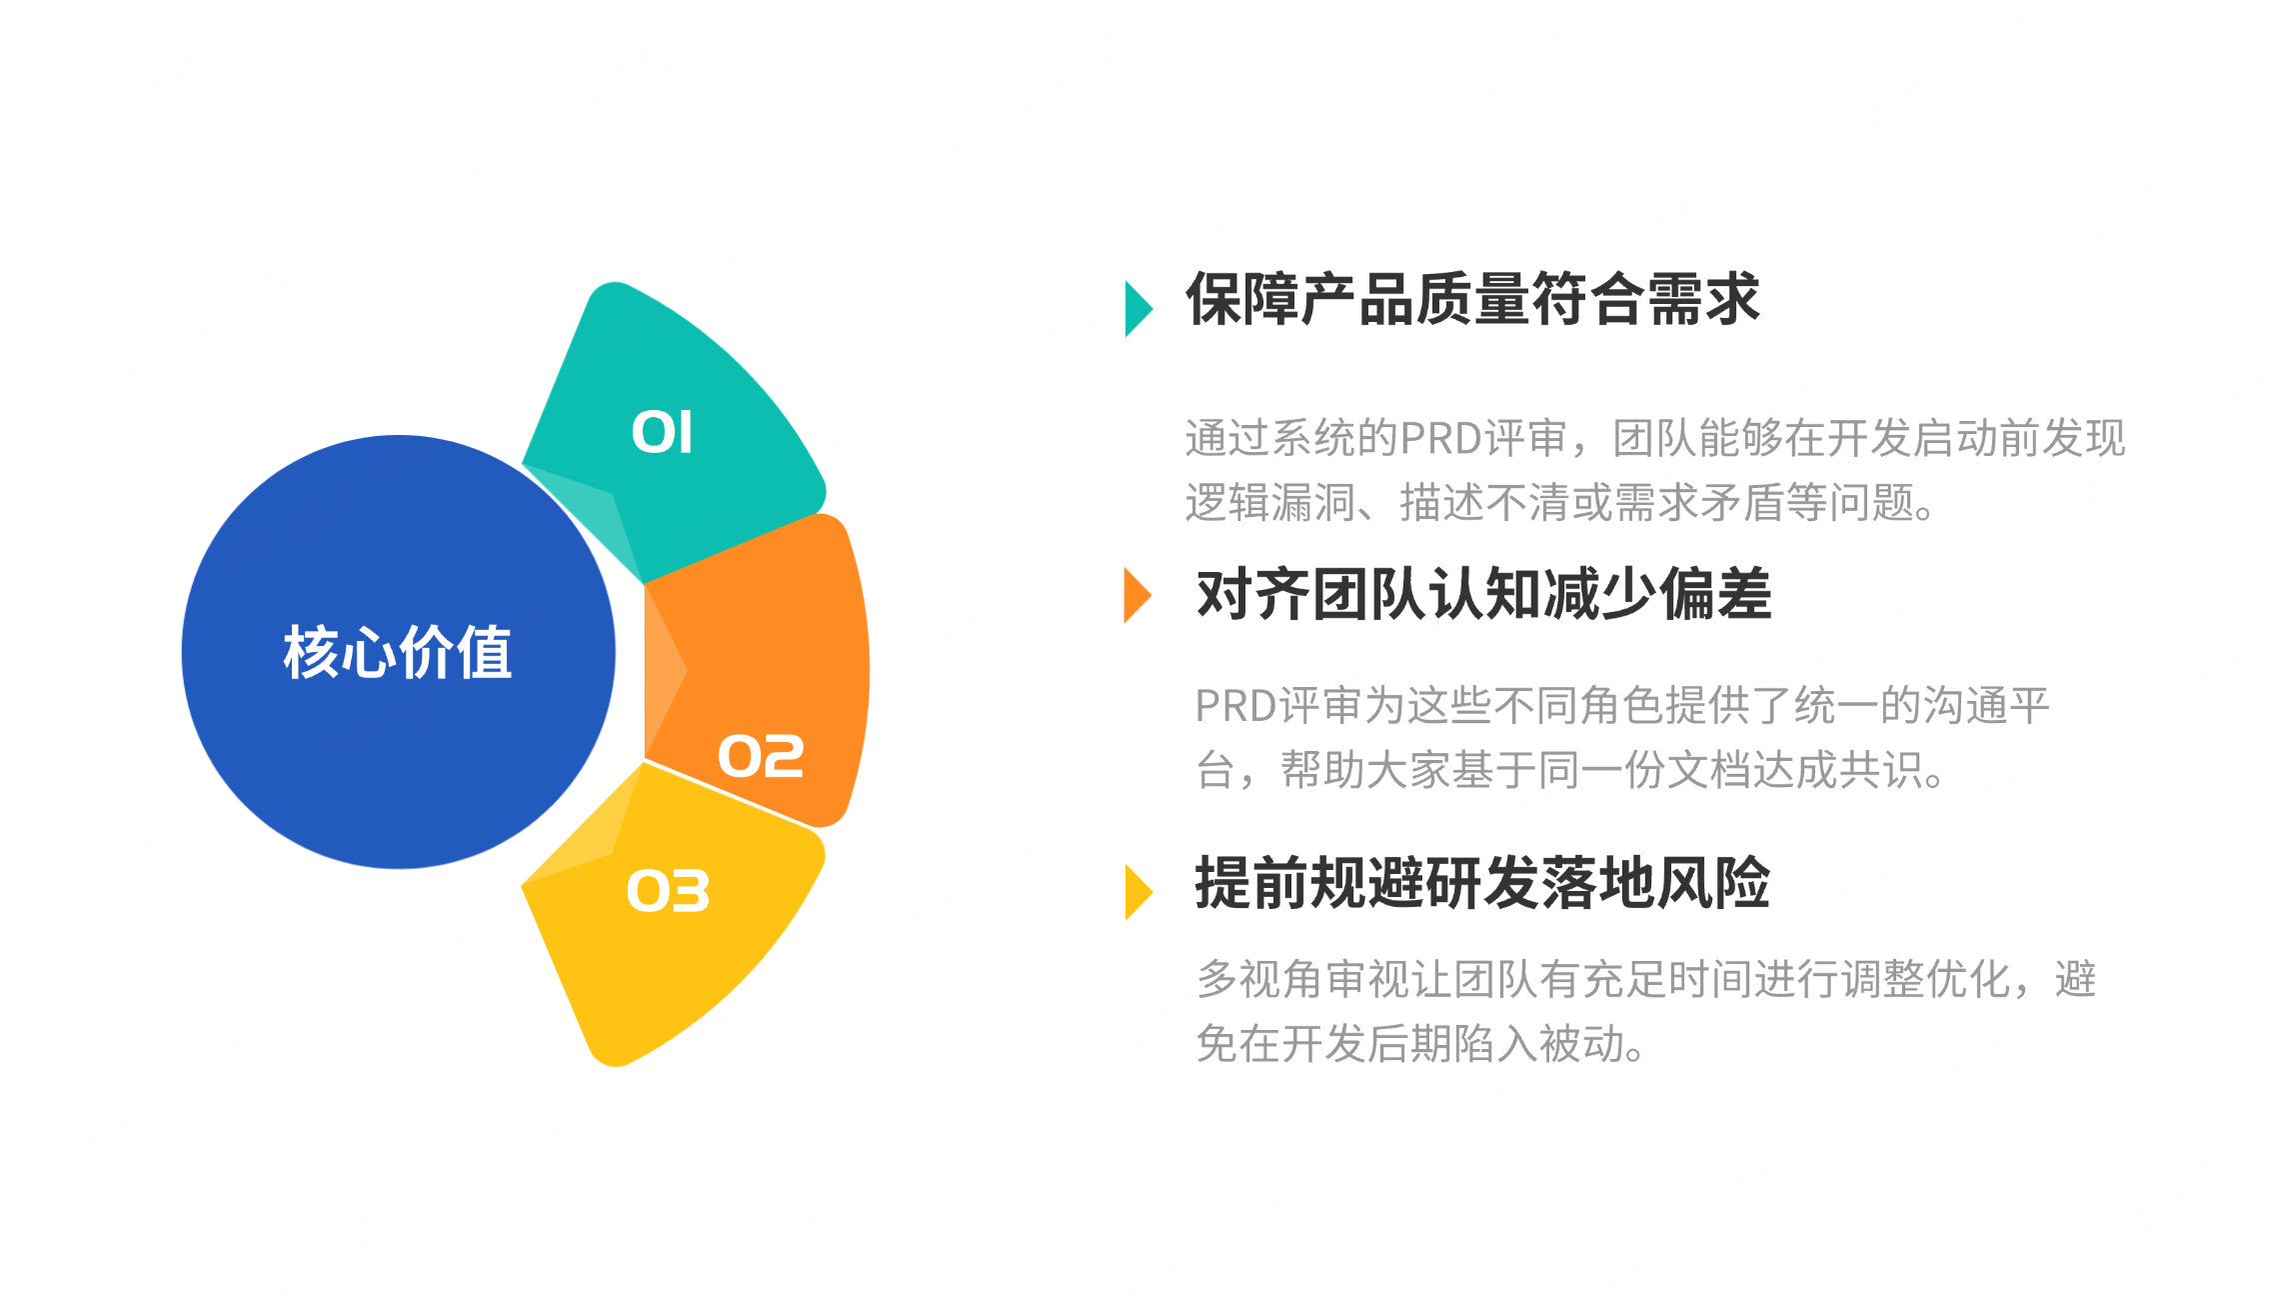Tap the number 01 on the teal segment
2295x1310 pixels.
(662, 433)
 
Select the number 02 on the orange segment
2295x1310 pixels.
(761, 756)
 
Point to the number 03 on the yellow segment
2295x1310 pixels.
(668, 891)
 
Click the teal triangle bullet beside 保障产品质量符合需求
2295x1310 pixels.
(1138, 308)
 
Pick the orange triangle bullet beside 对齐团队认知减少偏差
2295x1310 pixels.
(1137, 595)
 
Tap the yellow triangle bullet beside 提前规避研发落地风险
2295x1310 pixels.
(1138, 891)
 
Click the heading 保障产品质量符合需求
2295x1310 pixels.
(1471, 299)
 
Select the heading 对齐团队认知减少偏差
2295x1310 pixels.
(1483, 594)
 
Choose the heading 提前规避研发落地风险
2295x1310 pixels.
(1482, 883)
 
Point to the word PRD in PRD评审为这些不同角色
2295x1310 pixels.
(1235, 706)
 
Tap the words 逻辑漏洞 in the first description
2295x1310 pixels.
(1270, 502)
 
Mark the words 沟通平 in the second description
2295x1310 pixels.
(1986, 706)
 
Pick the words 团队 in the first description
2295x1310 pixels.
(1655, 438)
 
